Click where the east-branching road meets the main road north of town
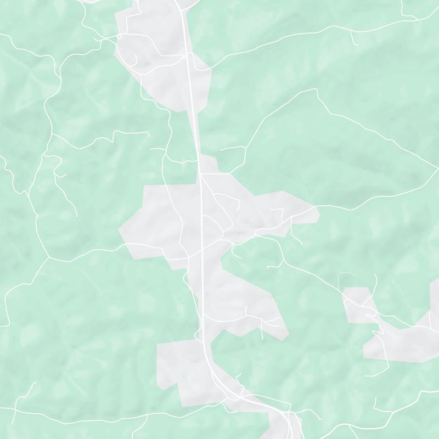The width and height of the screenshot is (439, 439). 201,175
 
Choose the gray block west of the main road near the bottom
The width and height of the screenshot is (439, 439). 181,368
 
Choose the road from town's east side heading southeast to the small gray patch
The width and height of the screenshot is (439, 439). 307,269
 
